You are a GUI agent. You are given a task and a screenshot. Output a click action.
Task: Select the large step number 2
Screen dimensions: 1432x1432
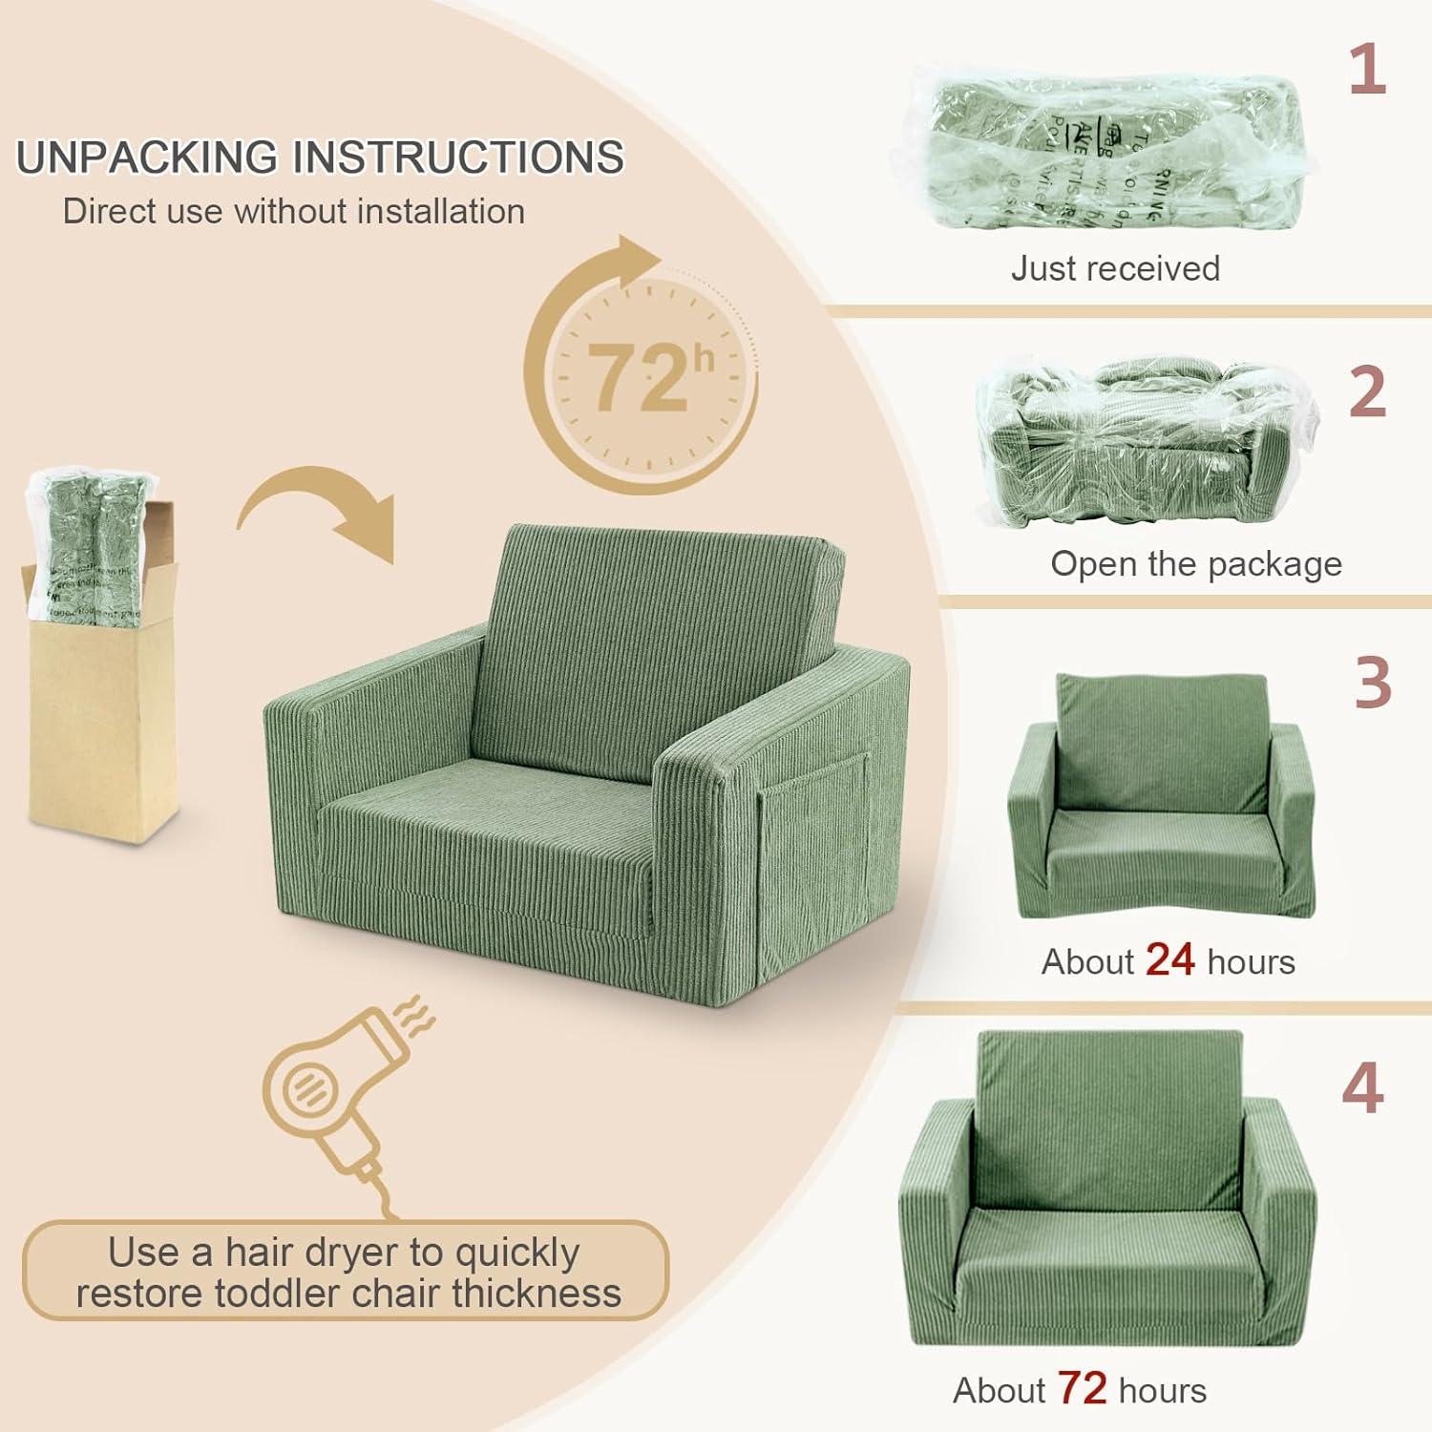[x=1367, y=392]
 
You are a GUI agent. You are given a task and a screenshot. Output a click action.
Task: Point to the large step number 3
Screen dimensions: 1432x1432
[x=1372, y=684]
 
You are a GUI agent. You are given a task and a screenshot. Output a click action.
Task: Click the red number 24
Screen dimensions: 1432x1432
[x=1169, y=959]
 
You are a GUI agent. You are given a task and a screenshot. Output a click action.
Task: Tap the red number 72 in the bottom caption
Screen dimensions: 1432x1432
[x=1082, y=1389]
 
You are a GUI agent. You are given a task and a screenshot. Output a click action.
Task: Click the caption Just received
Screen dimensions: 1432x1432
[x=1115, y=268]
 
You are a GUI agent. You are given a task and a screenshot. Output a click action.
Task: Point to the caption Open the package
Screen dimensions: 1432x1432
[x=1195, y=563]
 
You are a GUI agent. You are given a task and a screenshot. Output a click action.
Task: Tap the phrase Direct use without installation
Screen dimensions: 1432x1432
[x=293, y=211]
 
